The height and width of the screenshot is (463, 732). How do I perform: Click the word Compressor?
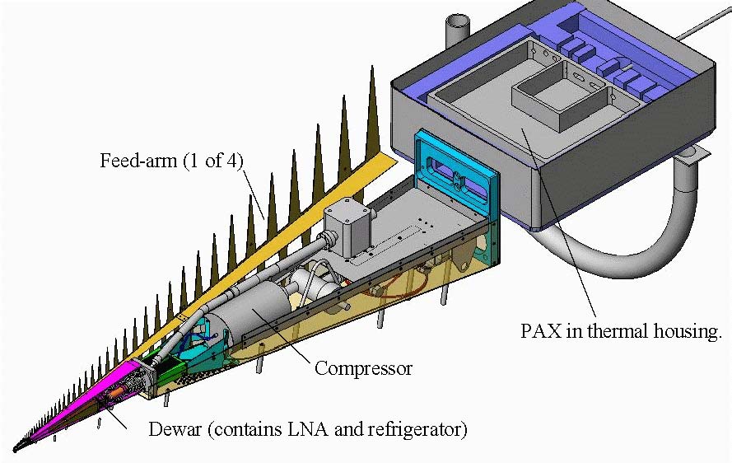pos(363,368)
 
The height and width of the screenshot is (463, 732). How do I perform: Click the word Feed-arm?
pos(138,161)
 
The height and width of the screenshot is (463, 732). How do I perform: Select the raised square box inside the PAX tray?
pos(559,100)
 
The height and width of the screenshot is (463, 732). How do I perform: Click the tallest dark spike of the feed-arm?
pos(372,112)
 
